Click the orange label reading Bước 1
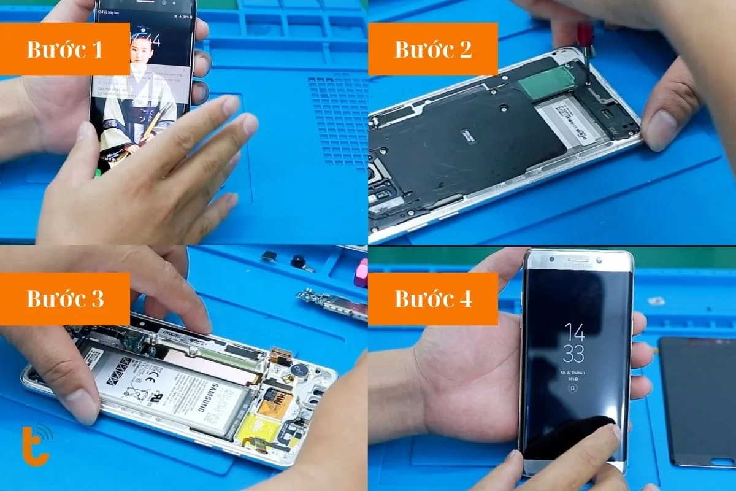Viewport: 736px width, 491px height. [64, 49]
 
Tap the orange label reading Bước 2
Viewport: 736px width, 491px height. [433, 49]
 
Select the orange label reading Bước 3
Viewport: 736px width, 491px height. [64, 299]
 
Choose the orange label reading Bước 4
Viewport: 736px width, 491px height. [433, 299]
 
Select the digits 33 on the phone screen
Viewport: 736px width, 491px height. [574, 355]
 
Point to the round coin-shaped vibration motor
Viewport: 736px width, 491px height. [300, 370]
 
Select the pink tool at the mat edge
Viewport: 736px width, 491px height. [362, 273]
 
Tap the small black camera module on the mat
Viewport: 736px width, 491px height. [299, 261]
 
